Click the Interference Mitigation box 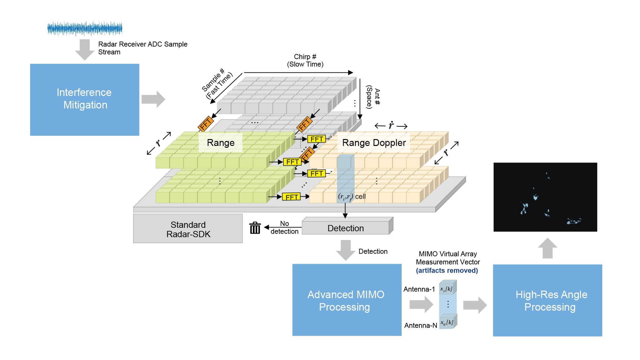click(x=84, y=99)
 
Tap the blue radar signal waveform click(x=85, y=29)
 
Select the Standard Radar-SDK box click(x=188, y=229)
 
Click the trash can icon click(x=255, y=228)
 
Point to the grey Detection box click(x=346, y=228)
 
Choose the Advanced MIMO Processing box click(x=347, y=300)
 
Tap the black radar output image click(x=545, y=197)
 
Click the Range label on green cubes click(x=221, y=143)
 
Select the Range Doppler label click(x=374, y=143)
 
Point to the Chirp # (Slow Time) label click(x=305, y=60)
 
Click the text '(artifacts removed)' click(x=447, y=271)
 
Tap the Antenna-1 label click(x=419, y=289)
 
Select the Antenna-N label click(x=421, y=326)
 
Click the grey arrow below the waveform click(x=84, y=49)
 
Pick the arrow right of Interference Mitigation click(x=153, y=99)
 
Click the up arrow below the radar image click(x=547, y=248)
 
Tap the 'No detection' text click(x=284, y=227)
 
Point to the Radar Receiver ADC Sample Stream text click(x=142, y=48)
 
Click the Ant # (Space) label click(x=373, y=97)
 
